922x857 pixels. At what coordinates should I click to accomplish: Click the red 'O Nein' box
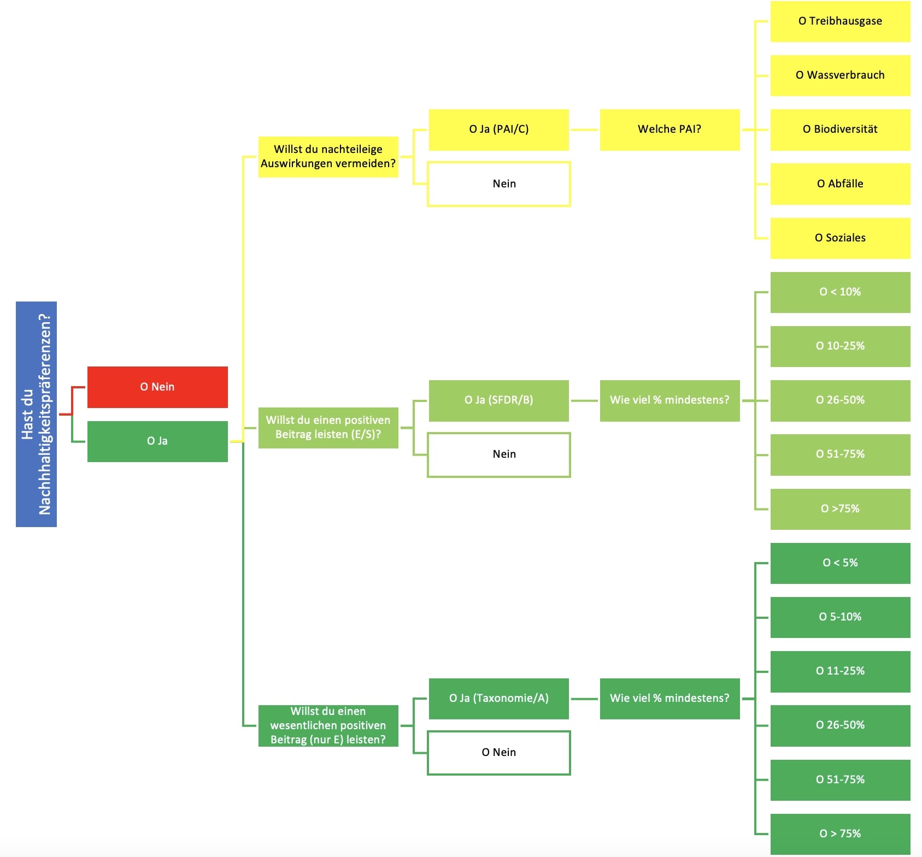point(157,387)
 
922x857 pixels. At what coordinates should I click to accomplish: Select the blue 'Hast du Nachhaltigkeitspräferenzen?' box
point(36,414)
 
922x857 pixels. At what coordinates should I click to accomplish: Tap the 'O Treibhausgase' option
point(840,21)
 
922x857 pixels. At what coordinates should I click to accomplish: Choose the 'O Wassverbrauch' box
point(840,75)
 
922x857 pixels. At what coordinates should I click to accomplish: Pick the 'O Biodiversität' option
point(840,129)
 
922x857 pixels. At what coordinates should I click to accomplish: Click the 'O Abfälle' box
point(840,184)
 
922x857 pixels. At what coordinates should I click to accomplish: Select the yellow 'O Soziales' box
point(840,238)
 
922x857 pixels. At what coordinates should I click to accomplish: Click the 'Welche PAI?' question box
point(670,129)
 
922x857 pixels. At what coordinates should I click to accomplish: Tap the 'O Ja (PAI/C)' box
point(498,129)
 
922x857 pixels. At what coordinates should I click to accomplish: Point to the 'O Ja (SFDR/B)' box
point(498,400)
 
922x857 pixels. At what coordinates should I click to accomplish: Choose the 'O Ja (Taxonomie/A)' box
point(498,699)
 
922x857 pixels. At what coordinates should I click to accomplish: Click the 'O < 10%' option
point(840,292)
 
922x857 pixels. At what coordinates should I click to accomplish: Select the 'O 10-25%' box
point(840,346)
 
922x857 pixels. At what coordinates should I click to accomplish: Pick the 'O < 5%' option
point(840,563)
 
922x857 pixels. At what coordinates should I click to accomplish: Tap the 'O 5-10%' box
point(840,617)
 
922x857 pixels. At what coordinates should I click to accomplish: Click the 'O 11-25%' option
point(840,671)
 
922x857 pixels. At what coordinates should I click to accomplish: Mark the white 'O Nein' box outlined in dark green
point(498,753)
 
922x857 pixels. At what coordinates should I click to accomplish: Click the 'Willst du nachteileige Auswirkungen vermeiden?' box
point(328,157)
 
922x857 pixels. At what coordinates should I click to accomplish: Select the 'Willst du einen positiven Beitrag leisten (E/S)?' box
point(328,428)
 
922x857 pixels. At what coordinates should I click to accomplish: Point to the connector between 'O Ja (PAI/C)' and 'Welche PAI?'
point(584,129)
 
